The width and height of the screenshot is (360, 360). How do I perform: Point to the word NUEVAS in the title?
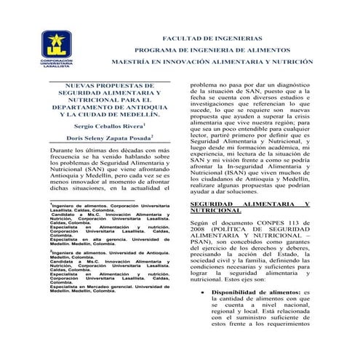point(75,85)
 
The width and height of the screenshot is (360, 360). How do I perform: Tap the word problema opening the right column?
point(208,84)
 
